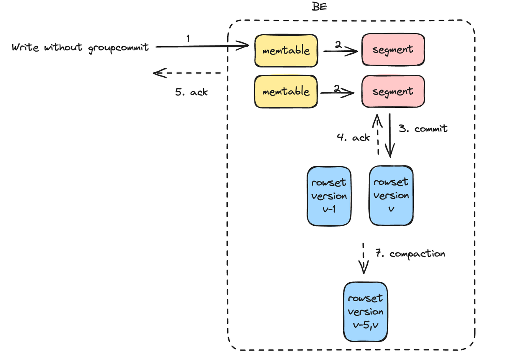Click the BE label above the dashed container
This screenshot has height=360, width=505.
tap(319, 7)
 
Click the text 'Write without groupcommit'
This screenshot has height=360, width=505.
tap(80, 47)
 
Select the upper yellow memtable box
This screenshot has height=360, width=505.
tap(286, 50)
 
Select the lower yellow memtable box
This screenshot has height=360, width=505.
tap(286, 92)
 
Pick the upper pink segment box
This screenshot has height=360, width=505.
tap(393, 49)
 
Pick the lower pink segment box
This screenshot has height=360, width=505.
tap(393, 92)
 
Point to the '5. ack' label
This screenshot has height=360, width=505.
tap(191, 92)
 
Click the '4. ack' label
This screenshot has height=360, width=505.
tap(353, 137)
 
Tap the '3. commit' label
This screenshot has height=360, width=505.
tap(423, 128)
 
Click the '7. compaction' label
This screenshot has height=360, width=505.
tap(410, 253)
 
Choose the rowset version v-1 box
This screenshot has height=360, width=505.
tap(329, 196)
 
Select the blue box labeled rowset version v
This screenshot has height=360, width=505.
tap(391, 195)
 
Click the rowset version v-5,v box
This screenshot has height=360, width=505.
tap(365, 311)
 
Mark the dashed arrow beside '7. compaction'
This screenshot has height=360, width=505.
tap(363, 259)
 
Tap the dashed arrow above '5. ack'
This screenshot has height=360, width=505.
tap(187, 73)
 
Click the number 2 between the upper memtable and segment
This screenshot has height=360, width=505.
tap(338, 45)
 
